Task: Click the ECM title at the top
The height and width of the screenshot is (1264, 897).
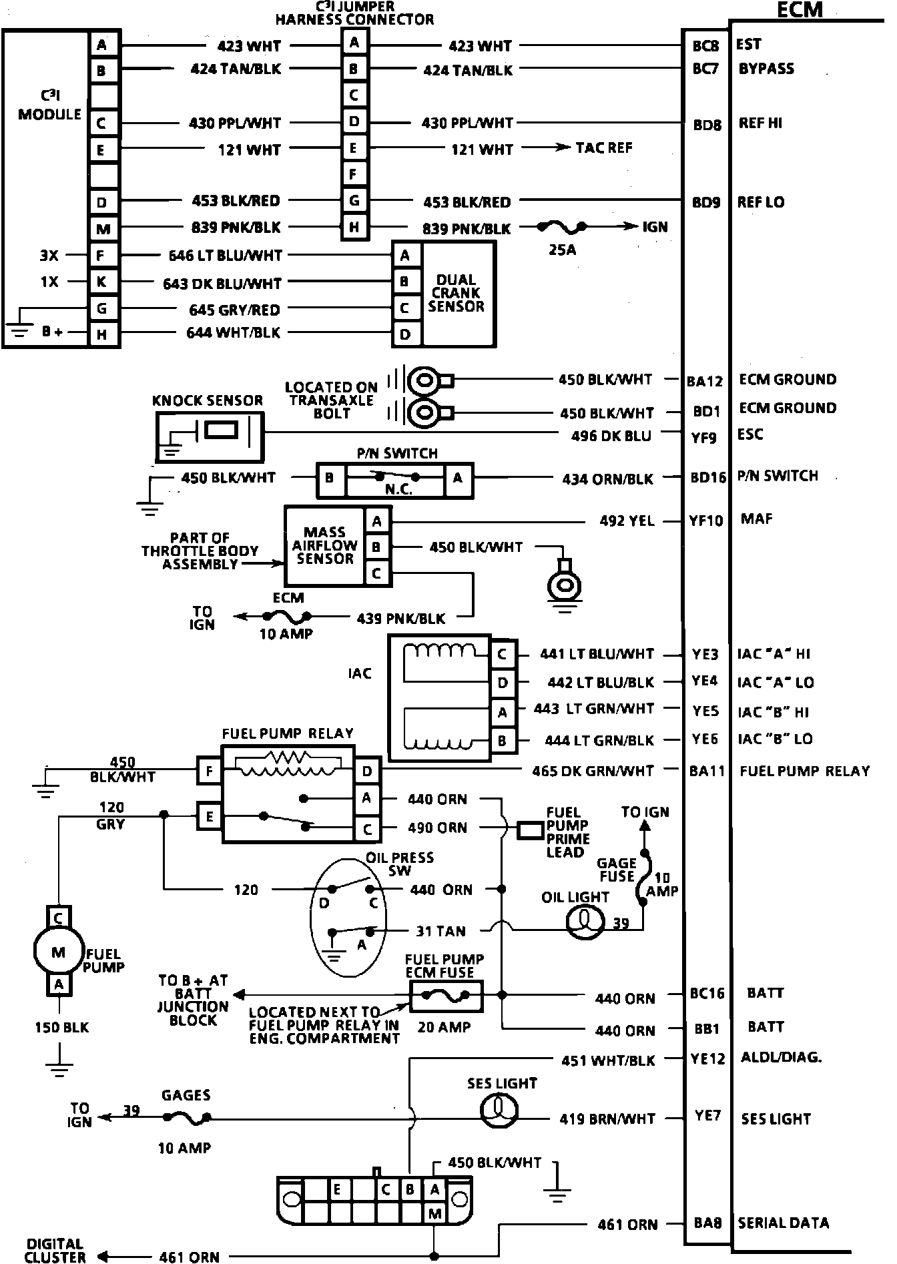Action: point(800,10)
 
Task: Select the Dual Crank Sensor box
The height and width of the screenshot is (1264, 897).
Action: point(457,294)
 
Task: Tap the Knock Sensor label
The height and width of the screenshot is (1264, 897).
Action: point(208,400)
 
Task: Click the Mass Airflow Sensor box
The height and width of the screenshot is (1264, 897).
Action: point(324,546)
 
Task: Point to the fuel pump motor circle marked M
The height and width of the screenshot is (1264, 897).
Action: point(58,952)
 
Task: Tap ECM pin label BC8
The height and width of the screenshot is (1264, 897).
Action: point(705,46)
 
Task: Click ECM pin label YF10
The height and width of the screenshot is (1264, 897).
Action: point(706,521)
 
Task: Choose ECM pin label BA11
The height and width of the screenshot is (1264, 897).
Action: point(707,771)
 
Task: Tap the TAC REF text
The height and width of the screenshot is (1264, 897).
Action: point(604,147)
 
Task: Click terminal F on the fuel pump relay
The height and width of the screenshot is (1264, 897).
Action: point(209,772)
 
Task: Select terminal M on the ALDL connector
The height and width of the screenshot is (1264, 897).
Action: point(436,1214)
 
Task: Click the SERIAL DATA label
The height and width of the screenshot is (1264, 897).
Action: point(783,1223)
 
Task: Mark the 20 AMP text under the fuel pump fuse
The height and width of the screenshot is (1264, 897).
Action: point(444,1027)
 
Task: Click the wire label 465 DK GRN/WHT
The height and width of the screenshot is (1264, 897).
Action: point(593,771)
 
